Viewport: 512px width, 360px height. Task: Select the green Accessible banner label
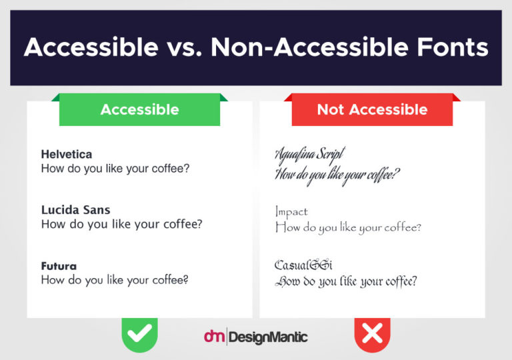[139, 110]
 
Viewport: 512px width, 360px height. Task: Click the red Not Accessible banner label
[372, 110]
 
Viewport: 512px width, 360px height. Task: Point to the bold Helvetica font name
[67, 154]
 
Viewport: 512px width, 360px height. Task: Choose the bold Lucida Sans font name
[75, 210]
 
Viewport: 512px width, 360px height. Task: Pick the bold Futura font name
[59, 266]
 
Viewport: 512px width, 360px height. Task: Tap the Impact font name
[291, 212]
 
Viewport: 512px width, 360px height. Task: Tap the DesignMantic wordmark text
[268, 337]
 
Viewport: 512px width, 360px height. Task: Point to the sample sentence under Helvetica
[115, 168]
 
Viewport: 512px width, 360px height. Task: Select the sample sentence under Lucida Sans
[121, 224]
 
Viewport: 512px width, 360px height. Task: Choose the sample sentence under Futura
[115, 280]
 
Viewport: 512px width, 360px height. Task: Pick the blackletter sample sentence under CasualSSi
[346, 281]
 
